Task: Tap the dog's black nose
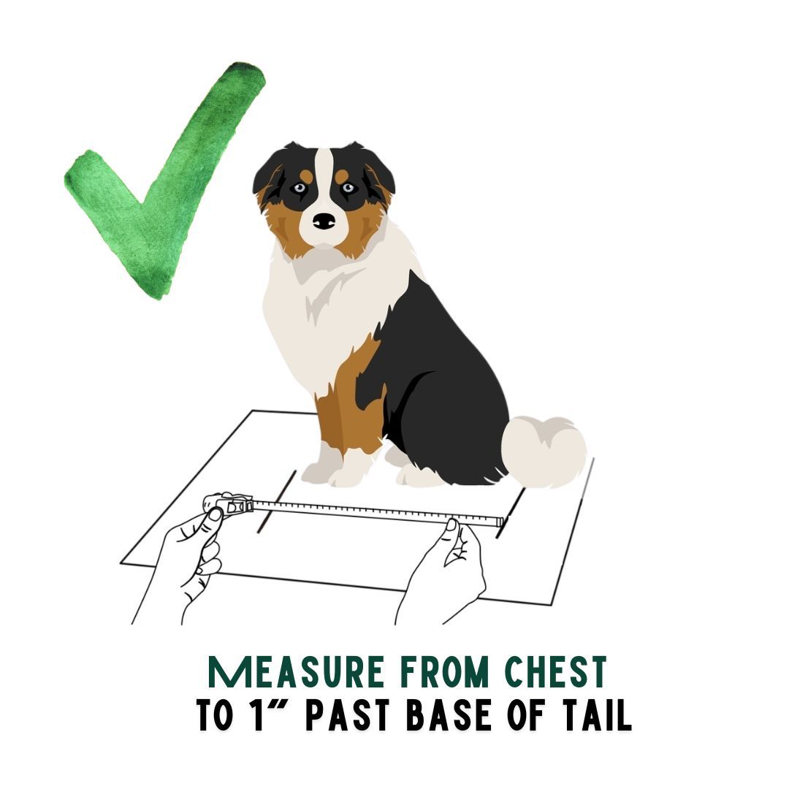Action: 324,221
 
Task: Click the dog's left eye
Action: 300,188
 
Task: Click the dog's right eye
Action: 348,188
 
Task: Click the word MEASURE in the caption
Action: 296,672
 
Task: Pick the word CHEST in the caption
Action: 556,672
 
